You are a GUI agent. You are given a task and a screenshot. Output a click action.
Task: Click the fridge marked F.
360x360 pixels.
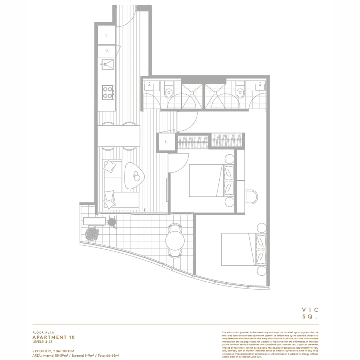click(106, 36)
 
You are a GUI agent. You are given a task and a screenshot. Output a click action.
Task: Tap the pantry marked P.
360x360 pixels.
click(106, 51)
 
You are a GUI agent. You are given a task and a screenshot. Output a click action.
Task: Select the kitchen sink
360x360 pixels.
click(108, 64)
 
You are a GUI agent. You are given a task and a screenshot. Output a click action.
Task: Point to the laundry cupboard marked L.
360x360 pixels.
click(166, 142)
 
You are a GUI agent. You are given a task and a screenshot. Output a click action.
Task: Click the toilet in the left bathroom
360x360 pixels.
click(169, 89)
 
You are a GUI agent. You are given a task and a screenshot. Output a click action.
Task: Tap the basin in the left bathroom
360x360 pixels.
click(149, 86)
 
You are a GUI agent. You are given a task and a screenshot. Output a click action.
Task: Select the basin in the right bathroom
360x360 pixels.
click(260, 86)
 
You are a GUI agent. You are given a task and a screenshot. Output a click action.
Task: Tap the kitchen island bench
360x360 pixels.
click(119, 136)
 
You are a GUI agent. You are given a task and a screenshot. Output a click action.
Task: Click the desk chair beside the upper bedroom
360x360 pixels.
click(252, 197)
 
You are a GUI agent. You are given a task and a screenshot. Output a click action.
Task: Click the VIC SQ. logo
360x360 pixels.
click(310, 313)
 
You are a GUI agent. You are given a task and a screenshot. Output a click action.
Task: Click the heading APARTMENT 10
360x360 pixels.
click(53, 337)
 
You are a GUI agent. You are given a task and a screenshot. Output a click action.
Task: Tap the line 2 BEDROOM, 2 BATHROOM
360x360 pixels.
click(53, 351)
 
